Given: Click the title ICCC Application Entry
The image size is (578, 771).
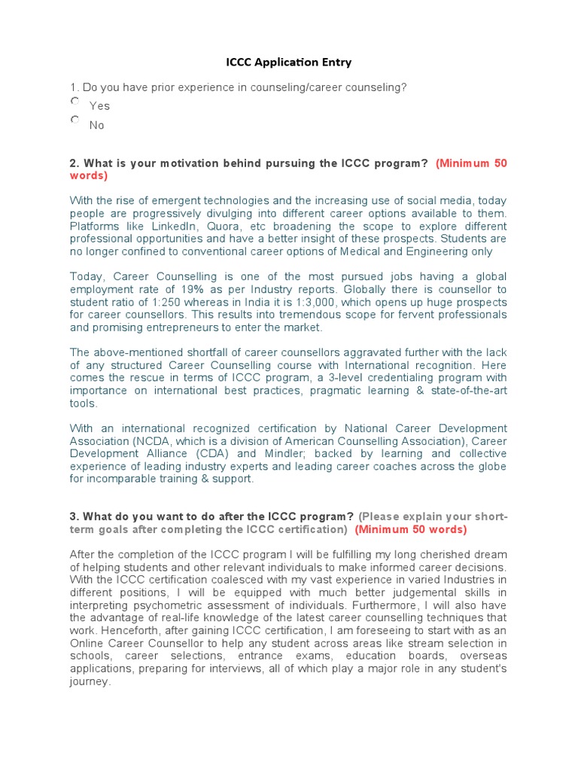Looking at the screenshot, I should [x=289, y=62].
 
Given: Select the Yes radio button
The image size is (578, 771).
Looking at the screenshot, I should [x=75, y=101].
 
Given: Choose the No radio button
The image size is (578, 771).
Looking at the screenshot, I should [x=75, y=120].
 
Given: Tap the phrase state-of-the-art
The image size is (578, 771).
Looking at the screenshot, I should [x=466, y=390].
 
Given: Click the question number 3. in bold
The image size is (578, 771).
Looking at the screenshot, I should [x=75, y=517].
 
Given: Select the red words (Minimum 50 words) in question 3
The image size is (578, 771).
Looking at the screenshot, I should [x=411, y=529].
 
